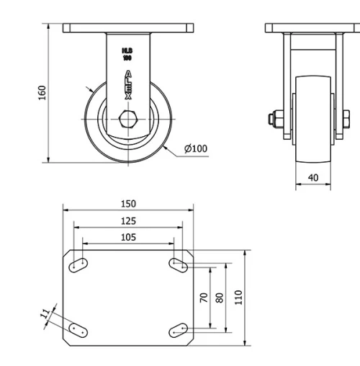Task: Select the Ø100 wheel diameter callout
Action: click(x=195, y=148)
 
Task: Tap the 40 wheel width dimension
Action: click(x=313, y=177)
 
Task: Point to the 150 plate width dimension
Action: click(x=128, y=204)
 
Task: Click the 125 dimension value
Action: click(x=128, y=221)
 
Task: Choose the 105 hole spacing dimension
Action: click(x=128, y=237)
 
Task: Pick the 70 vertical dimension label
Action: click(x=204, y=297)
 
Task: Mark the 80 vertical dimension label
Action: click(x=220, y=297)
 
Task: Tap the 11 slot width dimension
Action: click(x=45, y=313)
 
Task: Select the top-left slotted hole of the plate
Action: click(x=77, y=266)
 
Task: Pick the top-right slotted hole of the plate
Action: click(x=179, y=265)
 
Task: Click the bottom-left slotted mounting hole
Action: click(x=77, y=330)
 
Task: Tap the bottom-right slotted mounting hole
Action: click(x=179, y=330)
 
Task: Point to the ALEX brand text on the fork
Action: click(x=128, y=84)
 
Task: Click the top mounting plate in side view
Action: click(x=128, y=28)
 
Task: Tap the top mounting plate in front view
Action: click(x=312, y=28)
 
